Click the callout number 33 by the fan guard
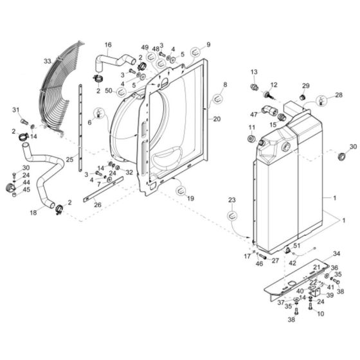(47, 60)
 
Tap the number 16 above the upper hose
(108, 44)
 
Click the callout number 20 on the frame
(217, 119)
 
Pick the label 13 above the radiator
(253, 71)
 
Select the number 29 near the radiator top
(306, 85)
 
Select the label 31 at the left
(16, 110)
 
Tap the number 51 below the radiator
(296, 245)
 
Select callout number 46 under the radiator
(259, 264)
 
